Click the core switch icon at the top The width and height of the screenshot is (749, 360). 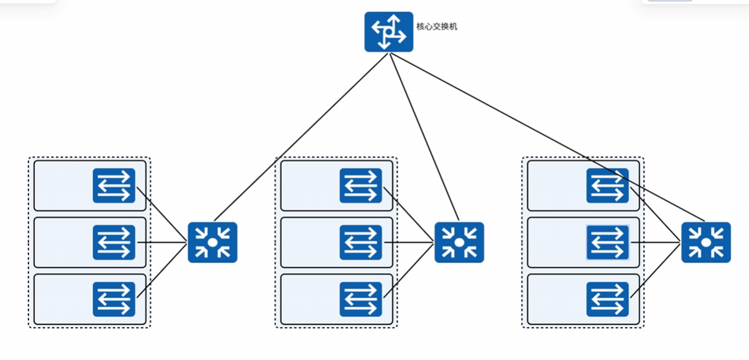(x=389, y=32)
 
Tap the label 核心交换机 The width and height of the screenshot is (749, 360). (x=437, y=26)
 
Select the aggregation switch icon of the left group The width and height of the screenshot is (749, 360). (x=212, y=242)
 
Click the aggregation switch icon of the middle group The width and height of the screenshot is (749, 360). (x=459, y=242)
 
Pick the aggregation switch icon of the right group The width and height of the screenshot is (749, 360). (x=706, y=242)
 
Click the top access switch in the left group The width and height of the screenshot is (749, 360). (x=114, y=186)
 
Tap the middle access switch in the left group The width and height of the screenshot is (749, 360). (x=114, y=243)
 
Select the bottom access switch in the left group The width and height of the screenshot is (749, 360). (x=114, y=299)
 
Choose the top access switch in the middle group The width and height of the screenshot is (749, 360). (x=361, y=186)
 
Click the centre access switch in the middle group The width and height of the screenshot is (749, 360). (x=361, y=243)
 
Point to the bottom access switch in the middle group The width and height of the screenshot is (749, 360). (x=361, y=299)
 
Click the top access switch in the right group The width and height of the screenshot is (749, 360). (x=607, y=186)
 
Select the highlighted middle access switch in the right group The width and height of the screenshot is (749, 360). (x=607, y=243)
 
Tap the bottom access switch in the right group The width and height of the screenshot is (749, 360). (x=607, y=299)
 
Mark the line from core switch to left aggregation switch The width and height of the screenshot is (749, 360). (x=301, y=136)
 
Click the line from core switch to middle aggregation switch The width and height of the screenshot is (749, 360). (x=423, y=136)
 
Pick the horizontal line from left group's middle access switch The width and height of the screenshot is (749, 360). (x=161, y=243)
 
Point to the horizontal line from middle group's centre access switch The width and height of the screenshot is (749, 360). (x=408, y=243)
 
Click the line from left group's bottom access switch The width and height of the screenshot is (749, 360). (x=161, y=270)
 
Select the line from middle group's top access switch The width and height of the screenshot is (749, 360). (x=408, y=215)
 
